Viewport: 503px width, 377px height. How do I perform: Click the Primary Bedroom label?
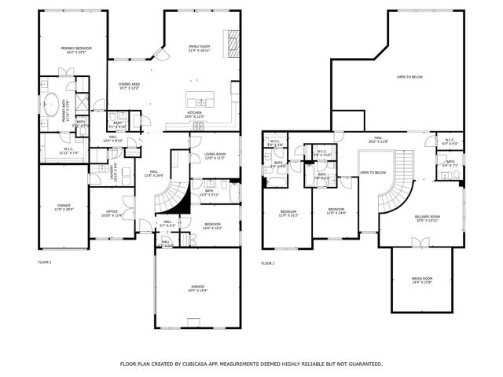[x=77, y=50]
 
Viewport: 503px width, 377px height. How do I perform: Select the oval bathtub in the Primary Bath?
[x=53, y=103]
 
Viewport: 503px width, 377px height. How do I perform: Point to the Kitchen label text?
[x=195, y=113]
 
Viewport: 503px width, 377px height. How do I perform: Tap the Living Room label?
[x=215, y=155]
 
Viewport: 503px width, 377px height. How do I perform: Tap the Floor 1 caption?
[x=45, y=262]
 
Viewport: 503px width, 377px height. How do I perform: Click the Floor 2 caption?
[x=268, y=262]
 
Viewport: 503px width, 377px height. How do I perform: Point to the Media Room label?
[x=422, y=279]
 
